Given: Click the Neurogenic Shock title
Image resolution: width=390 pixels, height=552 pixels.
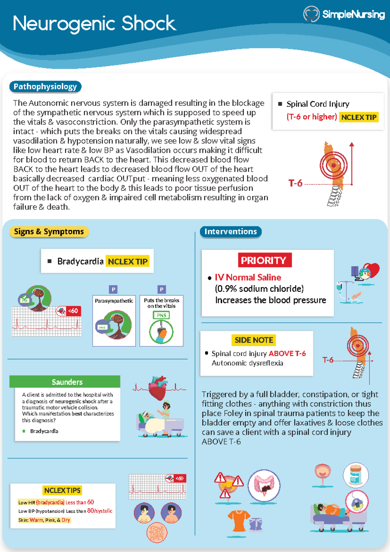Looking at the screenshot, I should point(94,23).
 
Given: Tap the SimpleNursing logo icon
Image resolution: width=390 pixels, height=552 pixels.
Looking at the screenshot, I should point(311,14).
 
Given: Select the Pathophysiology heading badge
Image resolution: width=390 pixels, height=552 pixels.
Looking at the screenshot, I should point(45,87).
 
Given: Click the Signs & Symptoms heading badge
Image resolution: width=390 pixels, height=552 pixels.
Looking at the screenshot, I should point(49,232).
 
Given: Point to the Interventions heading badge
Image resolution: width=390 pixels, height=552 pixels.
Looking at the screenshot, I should point(230,232).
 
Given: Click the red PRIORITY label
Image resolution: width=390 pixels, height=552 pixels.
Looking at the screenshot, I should point(264,260).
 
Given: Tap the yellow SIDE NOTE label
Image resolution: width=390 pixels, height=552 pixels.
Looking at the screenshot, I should point(254,340).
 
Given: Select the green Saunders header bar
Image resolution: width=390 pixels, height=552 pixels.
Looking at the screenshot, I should point(65,382).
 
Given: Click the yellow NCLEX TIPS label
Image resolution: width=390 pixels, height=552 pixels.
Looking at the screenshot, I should point(62,490).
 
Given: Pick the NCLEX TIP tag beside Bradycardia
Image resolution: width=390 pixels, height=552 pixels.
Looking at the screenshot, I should point(127,261).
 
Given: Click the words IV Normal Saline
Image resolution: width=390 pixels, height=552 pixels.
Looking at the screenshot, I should point(248,277).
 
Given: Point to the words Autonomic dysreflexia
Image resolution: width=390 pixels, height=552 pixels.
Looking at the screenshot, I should point(247,363).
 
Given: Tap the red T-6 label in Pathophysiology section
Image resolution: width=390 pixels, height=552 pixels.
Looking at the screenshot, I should point(295,183).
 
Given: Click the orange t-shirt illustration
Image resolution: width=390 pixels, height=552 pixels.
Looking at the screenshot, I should point(239,520).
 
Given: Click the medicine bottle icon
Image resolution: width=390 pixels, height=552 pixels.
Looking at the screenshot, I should point(356,475).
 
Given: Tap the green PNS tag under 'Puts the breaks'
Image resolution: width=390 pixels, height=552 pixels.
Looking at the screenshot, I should point(162,315).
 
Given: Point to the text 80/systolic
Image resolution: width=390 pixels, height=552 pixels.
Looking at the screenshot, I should point(100,511).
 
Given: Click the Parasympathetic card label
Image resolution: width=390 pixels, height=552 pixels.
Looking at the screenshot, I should point(114,301).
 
